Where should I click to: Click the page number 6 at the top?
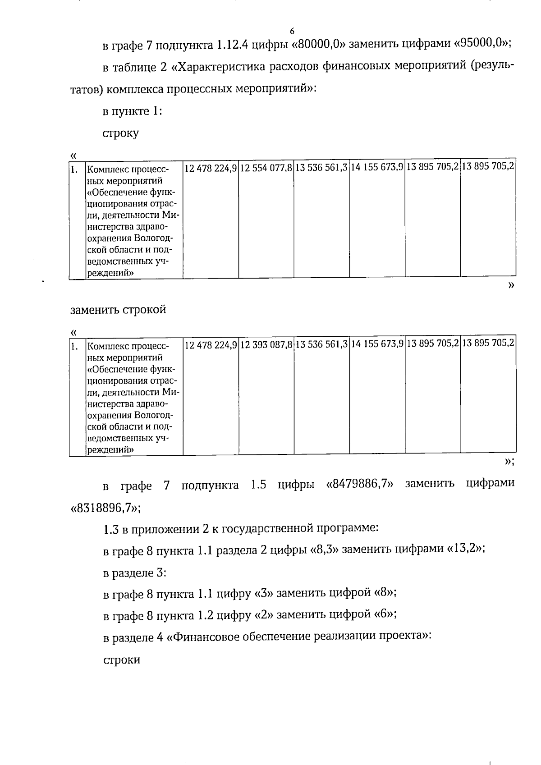click(x=292, y=31)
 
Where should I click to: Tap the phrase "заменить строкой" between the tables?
click(x=118, y=310)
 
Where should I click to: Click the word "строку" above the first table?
click(x=121, y=133)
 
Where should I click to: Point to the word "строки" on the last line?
click(x=122, y=660)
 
